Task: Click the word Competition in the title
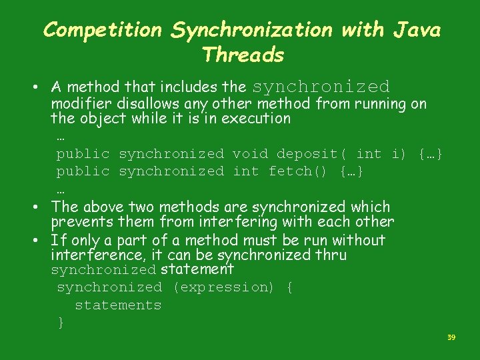click(x=102, y=30)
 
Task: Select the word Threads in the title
click(x=243, y=54)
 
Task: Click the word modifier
click(x=82, y=104)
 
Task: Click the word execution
click(x=258, y=119)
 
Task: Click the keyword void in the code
click(x=250, y=154)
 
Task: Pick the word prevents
click(x=79, y=222)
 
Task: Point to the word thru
click(x=331, y=255)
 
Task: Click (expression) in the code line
click(x=223, y=287)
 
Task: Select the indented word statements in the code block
click(x=118, y=305)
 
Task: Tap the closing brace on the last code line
click(x=61, y=323)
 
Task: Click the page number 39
click(x=451, y=338)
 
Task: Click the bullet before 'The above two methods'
click(x=41, y=207)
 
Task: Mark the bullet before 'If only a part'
click(x=41, y=241)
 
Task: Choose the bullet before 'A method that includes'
click(x=41, y=87)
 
